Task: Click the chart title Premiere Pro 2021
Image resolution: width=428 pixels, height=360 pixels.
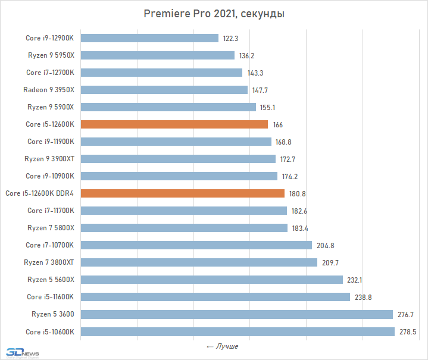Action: coord(214,14)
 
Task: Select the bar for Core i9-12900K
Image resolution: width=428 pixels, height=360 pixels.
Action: coord(149,38)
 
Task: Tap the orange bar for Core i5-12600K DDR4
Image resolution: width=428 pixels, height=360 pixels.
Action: coord(182,193)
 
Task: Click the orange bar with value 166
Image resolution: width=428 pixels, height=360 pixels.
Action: coord(174,124)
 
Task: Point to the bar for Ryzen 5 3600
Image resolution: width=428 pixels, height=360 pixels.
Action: coord(236,314)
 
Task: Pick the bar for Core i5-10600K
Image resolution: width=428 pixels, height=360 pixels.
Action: coord(237,331)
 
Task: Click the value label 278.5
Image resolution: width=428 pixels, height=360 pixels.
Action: coord(407,331)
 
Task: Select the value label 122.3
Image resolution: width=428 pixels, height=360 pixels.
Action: coord(231,38)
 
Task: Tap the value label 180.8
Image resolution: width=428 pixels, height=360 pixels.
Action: coord(297,193)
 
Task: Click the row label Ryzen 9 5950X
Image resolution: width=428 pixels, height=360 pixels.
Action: coord(51,55)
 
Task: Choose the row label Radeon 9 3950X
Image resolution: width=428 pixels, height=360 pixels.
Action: coord(49,90)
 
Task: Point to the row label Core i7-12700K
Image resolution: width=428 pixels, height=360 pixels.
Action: coord(50,73)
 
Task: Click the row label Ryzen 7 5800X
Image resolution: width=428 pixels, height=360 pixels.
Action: coord(51,228)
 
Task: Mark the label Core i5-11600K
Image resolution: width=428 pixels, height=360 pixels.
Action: coord(51,297)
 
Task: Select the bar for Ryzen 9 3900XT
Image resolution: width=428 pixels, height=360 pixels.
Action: coord(178,159)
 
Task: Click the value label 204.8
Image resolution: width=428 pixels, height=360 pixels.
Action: coord(324,245)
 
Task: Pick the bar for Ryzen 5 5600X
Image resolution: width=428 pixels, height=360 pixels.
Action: coord(211,280)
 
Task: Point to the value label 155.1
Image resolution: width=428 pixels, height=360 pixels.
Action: coord(268,107)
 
